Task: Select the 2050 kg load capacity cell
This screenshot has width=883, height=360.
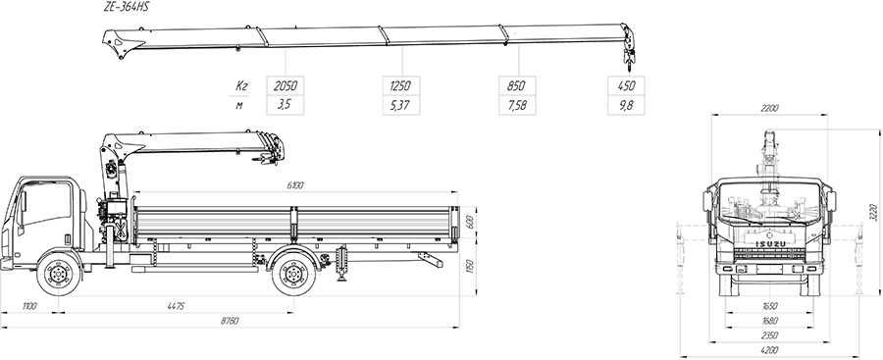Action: (285, 85)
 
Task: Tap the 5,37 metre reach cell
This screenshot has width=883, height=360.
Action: (401, 105)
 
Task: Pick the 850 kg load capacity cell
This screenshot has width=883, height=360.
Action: (517, 85)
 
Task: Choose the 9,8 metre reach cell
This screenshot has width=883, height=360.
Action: (626, 105)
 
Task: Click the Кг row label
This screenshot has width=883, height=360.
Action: (241, 86)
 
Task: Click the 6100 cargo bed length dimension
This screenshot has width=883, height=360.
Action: (295, 184)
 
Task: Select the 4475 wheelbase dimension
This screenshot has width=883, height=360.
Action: (176, 306)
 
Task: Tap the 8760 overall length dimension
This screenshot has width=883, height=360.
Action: (230, 321)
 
